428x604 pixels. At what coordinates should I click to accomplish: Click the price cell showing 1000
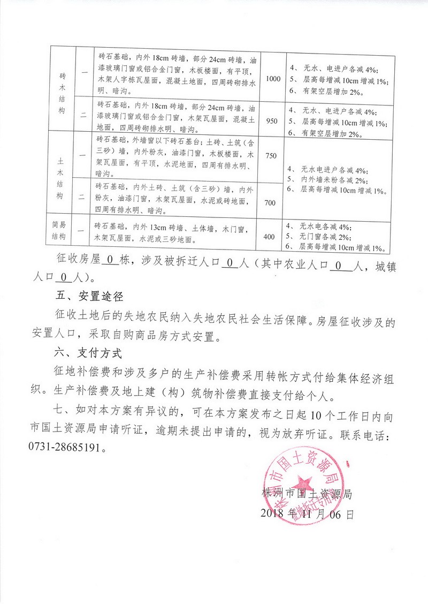point(273,79)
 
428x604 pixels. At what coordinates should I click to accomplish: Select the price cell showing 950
point(272,120)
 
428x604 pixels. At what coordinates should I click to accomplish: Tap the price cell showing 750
point(271,156)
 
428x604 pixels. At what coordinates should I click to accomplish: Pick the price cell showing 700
point(271,202)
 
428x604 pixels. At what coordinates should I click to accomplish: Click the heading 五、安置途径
point(89,295)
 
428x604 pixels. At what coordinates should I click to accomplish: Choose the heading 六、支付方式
point(89,354)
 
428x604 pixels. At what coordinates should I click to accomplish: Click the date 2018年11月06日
point(307,515)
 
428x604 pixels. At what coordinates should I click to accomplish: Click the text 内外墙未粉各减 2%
point(331,180)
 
